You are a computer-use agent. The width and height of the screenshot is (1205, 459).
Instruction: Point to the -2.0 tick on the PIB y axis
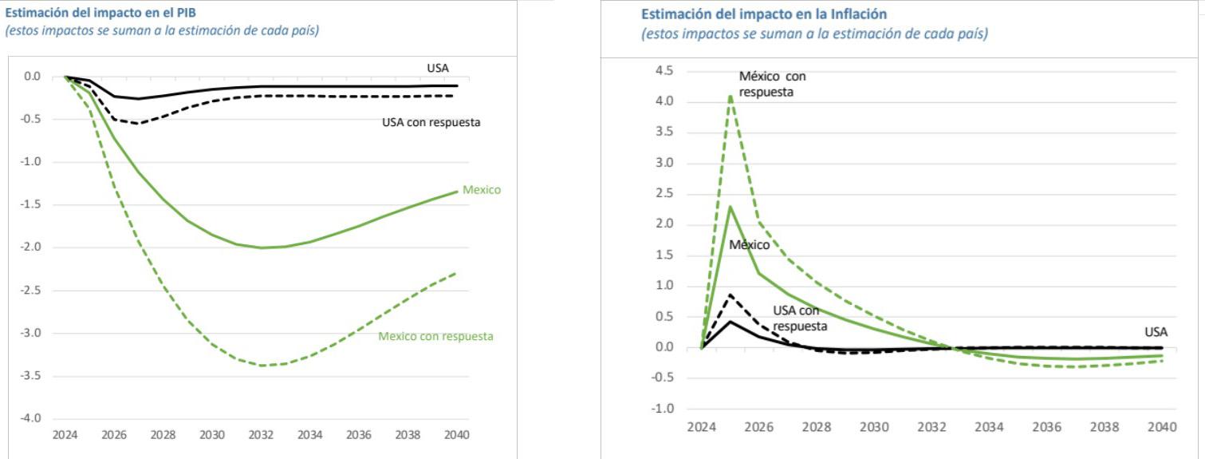tap(31, 247)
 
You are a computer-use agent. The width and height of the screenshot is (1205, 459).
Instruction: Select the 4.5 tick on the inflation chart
tap(664, 71)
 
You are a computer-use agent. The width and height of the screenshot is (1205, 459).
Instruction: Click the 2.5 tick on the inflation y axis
tap(664, 194)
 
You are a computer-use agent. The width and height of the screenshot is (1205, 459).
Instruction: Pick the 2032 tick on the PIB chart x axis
tap(262, 436)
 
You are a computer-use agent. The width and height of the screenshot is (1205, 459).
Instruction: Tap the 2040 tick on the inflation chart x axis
tap(1161, 428)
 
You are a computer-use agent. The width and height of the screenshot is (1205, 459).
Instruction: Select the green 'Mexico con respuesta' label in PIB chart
tap(435, 336)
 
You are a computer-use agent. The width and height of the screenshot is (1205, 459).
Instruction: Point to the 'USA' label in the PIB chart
tap(438, 69)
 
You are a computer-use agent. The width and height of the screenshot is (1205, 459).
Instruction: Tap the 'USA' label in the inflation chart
tap(1156, 331)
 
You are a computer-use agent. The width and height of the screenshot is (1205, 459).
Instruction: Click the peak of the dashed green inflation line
tap(730, 96)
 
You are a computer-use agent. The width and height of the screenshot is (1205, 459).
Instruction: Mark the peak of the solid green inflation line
tap(730, 207)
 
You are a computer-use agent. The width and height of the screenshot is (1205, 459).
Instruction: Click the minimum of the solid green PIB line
tap(262, 247)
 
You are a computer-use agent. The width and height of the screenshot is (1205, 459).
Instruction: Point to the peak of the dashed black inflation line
tap(730, 295)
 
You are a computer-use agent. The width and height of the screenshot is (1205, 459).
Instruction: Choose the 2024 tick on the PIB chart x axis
tap(65, 436)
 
